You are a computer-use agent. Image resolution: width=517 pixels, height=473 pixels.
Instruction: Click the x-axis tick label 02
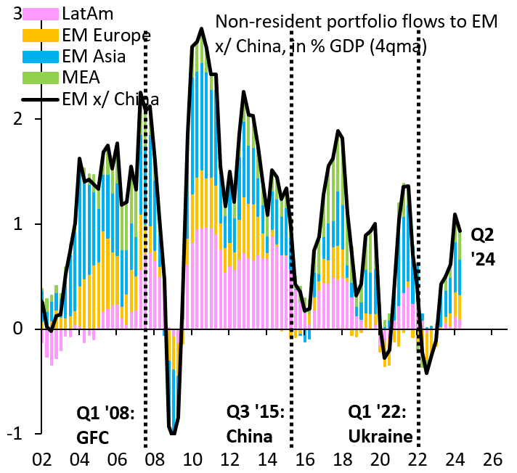tap(42, 460)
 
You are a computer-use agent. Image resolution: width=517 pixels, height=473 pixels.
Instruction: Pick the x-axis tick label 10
tap(192, 460)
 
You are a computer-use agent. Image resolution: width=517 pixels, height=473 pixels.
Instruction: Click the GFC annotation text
tap(101, 437)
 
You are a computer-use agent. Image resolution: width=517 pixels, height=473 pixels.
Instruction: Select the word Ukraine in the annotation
tap(380, 437)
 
